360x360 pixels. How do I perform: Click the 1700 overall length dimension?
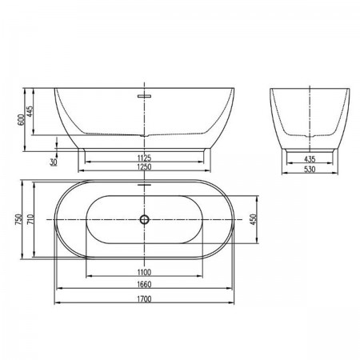tap(144, 299)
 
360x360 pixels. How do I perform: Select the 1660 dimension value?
tap(144, 284)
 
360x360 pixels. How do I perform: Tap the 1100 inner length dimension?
tap(144, 272)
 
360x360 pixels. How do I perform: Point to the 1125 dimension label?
tap(144, 158)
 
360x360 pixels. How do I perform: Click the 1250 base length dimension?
tap(144, 166)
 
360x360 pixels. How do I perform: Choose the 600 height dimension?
tap(21, 120)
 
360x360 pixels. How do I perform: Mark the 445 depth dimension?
tap(30, 111)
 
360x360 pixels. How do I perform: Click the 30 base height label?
tap(54, 162)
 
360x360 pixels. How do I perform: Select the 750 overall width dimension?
tap(18, 219)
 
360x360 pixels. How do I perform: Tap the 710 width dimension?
tap(30, 219)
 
